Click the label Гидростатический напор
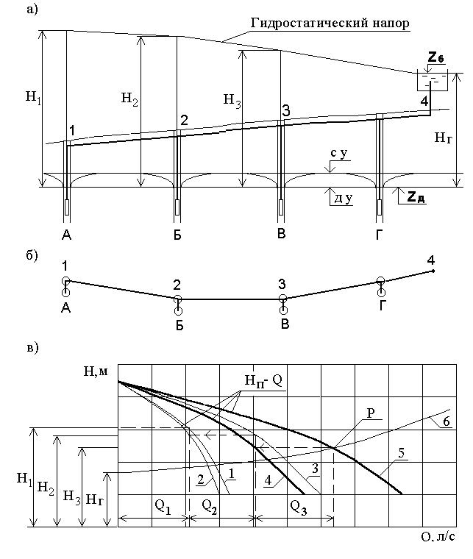tap(330, 24)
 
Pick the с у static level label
tap(339, 154)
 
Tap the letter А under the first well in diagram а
tap(66, 236)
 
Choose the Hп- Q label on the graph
tap(260, 380)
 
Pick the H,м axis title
tap(96, 371)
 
